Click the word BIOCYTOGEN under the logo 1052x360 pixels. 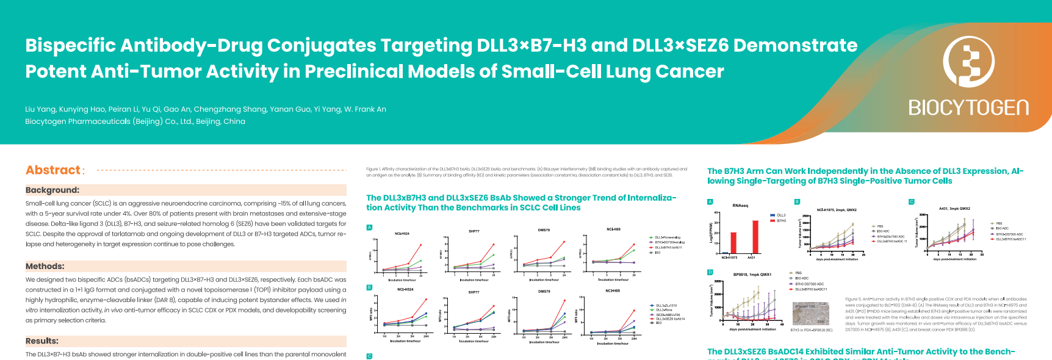click(968, 108)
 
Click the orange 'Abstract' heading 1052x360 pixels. click(53, 170)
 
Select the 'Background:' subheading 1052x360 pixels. click(52, 190)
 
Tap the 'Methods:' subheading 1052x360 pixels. click(45, 267)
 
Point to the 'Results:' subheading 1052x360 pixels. click(42, 341)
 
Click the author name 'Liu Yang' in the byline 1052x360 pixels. click(40, 109)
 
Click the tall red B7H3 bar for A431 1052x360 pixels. click(755, 237)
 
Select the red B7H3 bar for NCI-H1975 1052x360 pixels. click(733, 242)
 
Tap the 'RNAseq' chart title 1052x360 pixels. click(740, 206)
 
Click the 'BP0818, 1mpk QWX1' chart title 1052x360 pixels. click(752, 275)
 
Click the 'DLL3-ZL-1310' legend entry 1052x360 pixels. click(666, 306)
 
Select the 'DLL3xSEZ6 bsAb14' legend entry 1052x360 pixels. click(669, 319)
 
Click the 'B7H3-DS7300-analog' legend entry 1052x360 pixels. click(669, 242)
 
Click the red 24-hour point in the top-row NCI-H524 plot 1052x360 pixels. click(420, 245)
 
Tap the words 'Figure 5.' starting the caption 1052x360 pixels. click(853, 300)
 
